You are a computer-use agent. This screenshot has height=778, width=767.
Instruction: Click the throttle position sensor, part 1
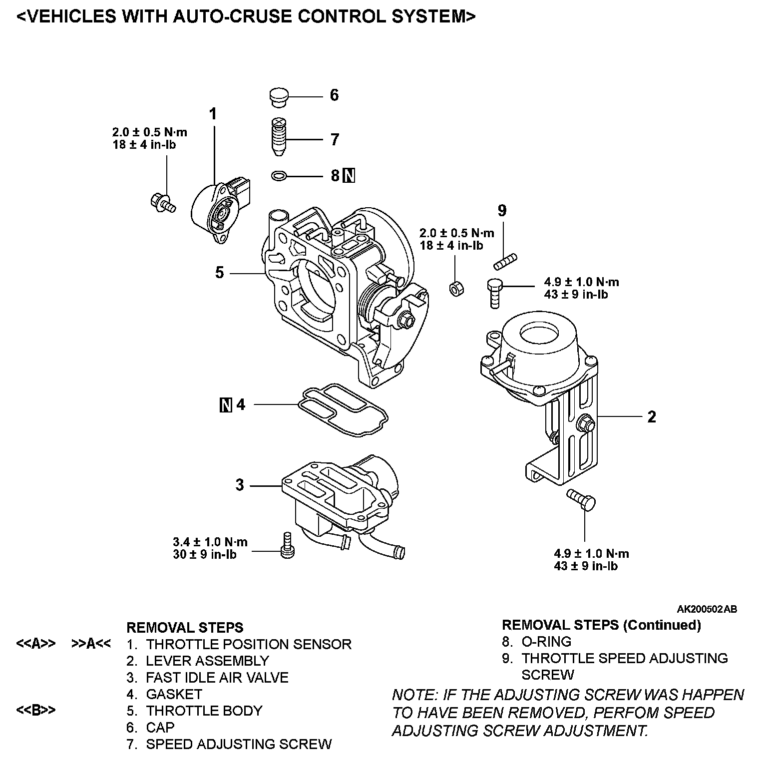click(x=220, y=211)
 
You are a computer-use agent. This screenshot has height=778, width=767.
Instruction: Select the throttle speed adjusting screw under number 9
click(x=505, y=261)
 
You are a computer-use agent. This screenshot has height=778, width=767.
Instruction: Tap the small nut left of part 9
click(x=455, y=288)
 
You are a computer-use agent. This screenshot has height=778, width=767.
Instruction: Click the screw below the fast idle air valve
click(x=288, y=545)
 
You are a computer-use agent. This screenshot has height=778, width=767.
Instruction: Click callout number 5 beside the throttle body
click(x=220, y=273)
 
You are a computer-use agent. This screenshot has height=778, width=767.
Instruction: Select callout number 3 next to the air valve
click(x=240, y=485)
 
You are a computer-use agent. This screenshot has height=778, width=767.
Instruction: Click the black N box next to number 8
click(x=350, y=176)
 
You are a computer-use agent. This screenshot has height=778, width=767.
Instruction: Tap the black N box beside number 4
click(x=226, y=404)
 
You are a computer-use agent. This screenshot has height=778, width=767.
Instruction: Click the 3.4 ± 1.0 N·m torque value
click(x=210, y=542)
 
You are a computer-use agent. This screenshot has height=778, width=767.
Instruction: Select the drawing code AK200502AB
click(x=707, y=609)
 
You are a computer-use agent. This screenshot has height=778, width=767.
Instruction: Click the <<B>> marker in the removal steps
click(x=35, y=711)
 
